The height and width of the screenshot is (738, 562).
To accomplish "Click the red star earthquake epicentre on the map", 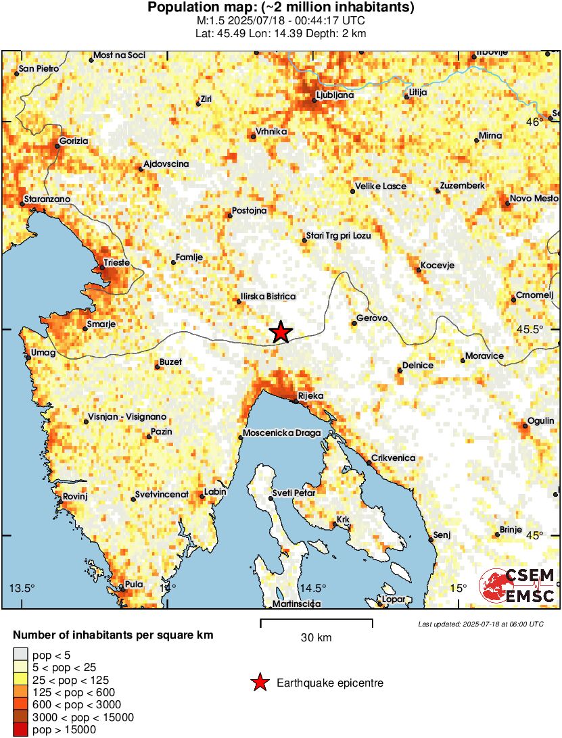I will (x=281, y=332).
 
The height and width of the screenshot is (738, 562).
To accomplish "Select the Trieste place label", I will (x=116, y=262).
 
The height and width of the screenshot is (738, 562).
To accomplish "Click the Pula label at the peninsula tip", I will (x=135, y=585).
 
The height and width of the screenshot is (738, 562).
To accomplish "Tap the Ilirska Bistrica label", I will (x=268, y=297).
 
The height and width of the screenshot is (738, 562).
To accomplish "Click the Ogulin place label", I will (x=540, y=420).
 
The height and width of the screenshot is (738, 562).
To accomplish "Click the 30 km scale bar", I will (x=316, y=620).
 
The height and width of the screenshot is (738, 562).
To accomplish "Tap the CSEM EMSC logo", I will (x=517, y=585).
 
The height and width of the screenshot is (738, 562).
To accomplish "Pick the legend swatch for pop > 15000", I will (x=20, y=729).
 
